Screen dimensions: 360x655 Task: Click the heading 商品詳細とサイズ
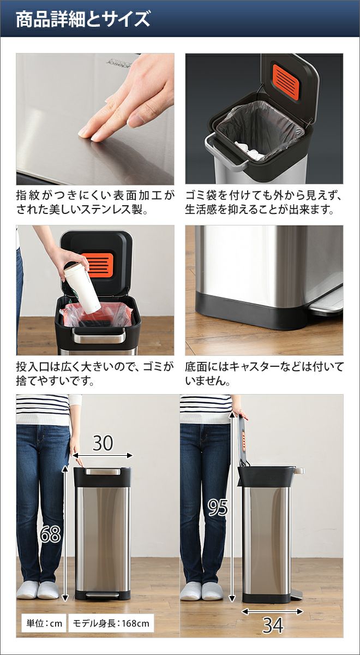(x=83, y=19)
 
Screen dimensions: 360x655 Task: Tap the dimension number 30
(x=103, y=443)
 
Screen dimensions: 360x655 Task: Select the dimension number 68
(x=51, y=534)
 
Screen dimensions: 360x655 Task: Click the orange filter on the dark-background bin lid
(x=286, y=82)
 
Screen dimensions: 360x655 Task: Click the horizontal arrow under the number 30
(x=103, y=455)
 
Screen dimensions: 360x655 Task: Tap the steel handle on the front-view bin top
(x=103, y=472)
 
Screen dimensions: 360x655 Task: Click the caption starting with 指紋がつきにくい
(x=95, y=203)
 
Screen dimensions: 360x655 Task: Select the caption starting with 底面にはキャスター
(x=264, y=374)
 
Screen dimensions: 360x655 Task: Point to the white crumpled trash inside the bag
(x=249, y=150)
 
